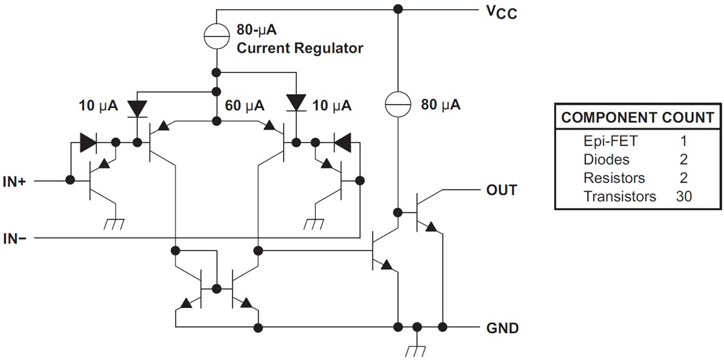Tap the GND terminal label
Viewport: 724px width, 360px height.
(502, 327)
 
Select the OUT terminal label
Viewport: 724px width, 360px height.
(502, 190)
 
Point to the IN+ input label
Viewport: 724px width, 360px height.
(15, 180)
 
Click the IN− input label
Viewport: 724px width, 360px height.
(15, 238)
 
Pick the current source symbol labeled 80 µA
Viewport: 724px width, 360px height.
(398, 104)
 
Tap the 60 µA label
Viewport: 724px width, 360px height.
(244, 105)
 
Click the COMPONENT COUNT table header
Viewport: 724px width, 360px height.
(636, 118)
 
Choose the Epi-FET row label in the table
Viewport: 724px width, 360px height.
(610, 141)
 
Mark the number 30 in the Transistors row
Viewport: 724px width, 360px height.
(685, 196)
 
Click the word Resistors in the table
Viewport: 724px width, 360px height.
(614, 178)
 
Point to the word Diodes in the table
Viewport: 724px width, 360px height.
(606, 159)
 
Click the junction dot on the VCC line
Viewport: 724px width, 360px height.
(398, 9)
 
